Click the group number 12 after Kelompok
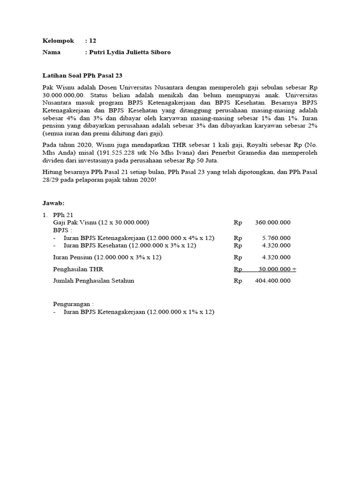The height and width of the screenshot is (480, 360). [92, 41]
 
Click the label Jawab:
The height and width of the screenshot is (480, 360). [53, 203]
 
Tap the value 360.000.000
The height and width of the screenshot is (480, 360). [273, 222]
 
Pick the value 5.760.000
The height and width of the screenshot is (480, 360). [276, 238]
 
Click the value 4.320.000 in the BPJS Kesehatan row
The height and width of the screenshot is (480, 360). [276, 245]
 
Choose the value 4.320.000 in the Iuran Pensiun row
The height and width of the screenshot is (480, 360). [276, 257]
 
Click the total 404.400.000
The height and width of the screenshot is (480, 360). [273, 281]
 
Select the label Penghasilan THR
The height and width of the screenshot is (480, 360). [78, 269]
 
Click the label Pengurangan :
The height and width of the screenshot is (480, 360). [73, 304]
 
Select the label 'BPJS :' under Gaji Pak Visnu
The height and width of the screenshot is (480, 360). [63, 230]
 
